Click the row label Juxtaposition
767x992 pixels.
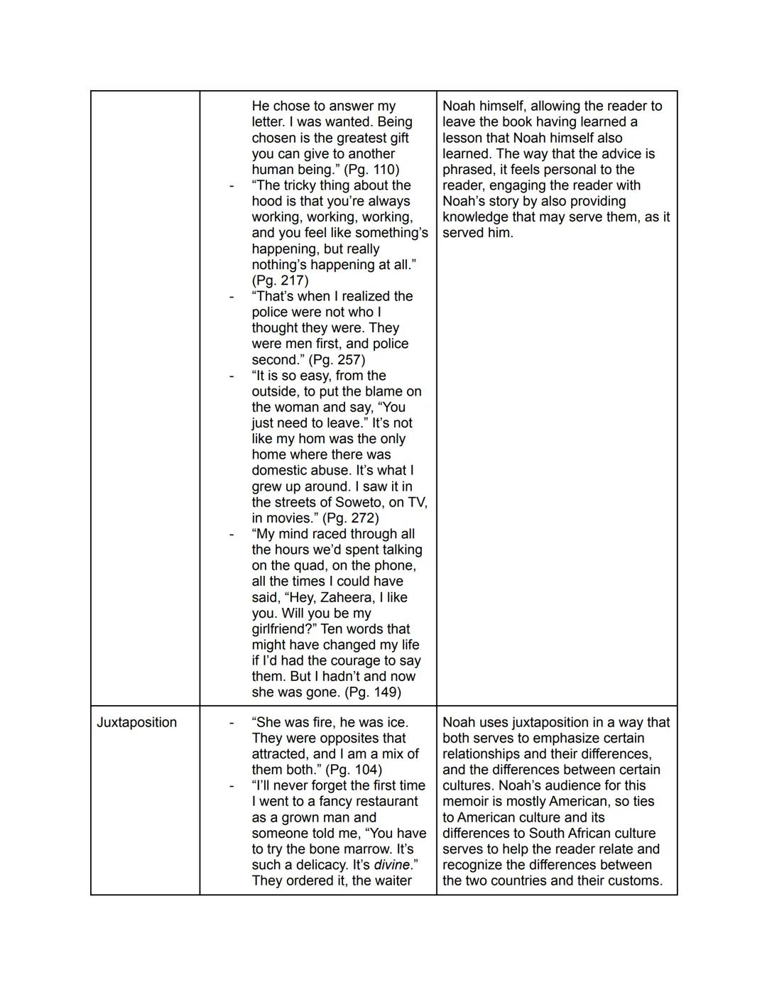pyautogui.click(x=136, y=722)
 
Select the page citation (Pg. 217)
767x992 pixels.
pyautogui.click(x=281, y=280)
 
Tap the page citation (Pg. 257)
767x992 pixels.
pyautogui.click(x=337, y=359)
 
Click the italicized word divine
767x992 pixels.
pyautogui.click(x=392, y=865)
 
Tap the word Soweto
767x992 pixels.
pyautogui.click(x=359, y=503)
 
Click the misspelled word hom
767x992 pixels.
pyautogui.click(x=313, y=440)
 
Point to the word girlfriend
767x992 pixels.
pyautogui.click(x=281, y=630)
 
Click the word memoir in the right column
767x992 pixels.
pyautogui.click(x=466, y=802)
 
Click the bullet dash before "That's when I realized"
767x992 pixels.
pyautogui.click(x=232, y=297)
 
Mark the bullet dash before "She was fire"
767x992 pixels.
pyautogui.click(x=232, y=723)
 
